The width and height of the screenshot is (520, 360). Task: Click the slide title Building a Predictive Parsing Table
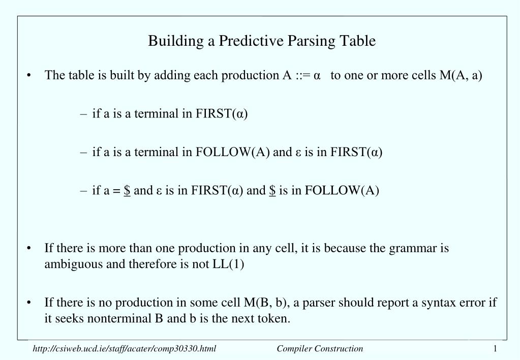(x=262, y=41)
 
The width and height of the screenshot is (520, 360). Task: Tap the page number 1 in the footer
(x=495, y=348)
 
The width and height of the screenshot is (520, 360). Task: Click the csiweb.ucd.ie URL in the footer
(x=125, y=348)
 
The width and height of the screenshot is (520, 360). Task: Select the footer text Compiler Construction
(x=320, y=348)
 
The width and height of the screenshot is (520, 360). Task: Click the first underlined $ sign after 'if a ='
(x=127, y=191)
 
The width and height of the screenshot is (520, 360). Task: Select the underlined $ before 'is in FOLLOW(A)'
(x=272, y=191)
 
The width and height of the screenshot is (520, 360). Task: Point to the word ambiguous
(x=69, y=265)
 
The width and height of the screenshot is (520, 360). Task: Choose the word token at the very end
(x=274, y=319)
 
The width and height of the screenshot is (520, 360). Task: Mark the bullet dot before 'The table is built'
(x=31, y=76)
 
